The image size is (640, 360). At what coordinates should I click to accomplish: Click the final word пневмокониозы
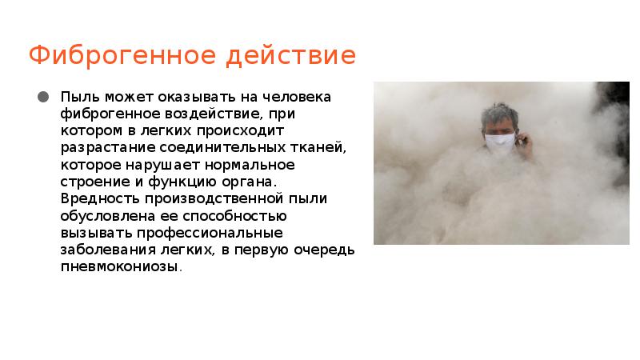click(120, 267)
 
